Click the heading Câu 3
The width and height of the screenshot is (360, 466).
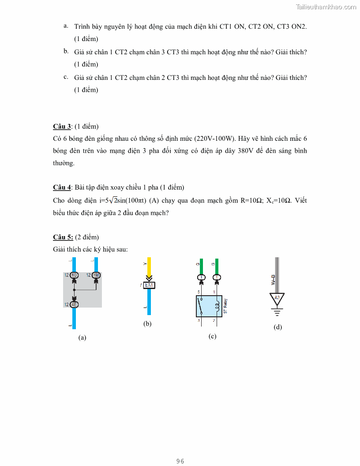tap(62, 127)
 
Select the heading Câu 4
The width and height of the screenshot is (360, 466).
tap(62, 187)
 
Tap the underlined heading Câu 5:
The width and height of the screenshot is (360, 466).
tap(63, 237)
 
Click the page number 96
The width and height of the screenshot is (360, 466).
tap(180, 461)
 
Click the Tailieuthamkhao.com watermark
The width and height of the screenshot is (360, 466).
tap(326, 7)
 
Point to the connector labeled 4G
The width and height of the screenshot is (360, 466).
tap(74, 275)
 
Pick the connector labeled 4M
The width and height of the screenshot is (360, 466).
tap(96, 275)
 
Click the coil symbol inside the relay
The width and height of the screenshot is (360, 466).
tap(217, 306)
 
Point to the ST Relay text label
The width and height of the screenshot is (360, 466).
tap(225, 306)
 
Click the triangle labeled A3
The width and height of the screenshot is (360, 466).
tap(277, 299)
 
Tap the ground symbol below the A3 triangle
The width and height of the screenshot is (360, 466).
tap(277, 313)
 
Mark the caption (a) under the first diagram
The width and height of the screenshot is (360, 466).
tap(82, 338)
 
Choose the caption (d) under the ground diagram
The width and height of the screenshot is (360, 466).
tap(277, 327)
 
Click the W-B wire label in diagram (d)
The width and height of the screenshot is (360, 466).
tap(273, 280)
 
